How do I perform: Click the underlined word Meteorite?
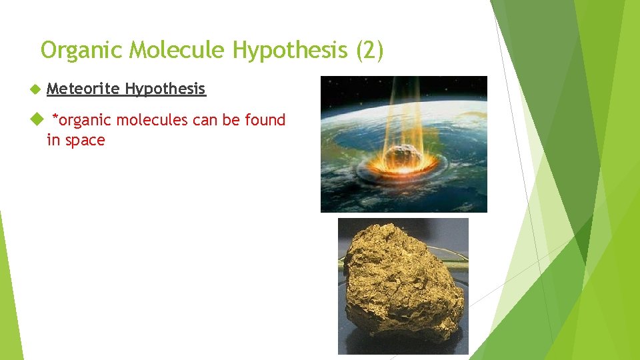[83, 89]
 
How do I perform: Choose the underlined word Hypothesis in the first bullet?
[165, 89]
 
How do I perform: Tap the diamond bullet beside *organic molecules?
[36, 121]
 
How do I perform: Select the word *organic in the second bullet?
[84, 121]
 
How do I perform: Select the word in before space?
[53, 140]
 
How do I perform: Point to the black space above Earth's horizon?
[347, 87]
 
